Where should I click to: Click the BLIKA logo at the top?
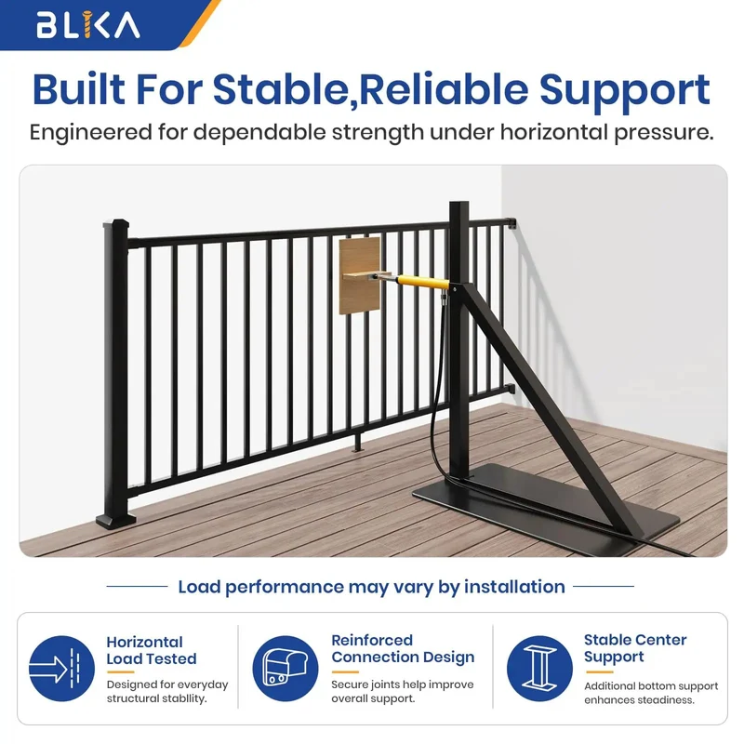pos(88,25)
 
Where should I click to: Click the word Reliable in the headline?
pos(445,89)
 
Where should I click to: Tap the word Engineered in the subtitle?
pos(90,132)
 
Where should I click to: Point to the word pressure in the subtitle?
pos(664,133)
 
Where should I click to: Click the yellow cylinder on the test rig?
pos(423,282)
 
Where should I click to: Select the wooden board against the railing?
pos(360,275)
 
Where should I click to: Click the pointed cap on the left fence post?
pos(115,222)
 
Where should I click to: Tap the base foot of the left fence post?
pos(115,521)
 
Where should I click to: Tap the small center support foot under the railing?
pos(357,442)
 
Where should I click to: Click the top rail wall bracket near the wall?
pos(511,222)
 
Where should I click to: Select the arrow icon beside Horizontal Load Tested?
pos(61,669)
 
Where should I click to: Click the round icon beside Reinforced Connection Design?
pos(286,669)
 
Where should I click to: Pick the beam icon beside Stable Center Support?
pos(539,669)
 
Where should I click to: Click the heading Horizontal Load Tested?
pos(152,650)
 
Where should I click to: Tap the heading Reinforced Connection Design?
pos(403,648)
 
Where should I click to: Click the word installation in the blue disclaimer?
pos(515,587)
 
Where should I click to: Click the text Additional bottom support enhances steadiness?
pos(651,693)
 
